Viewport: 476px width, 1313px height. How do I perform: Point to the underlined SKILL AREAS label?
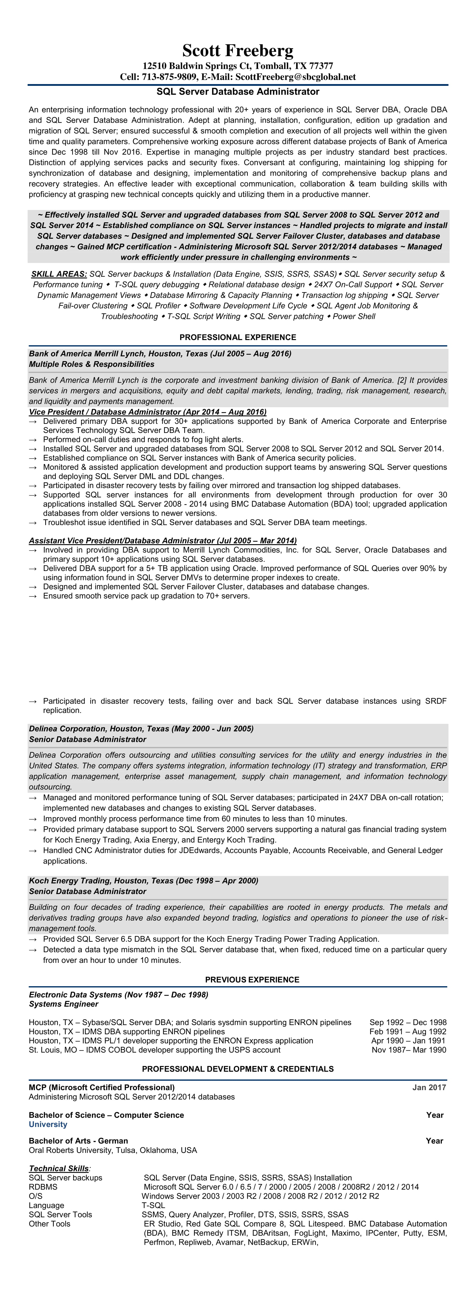(x=59, y=274)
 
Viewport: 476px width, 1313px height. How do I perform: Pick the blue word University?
(x=48, y=1124)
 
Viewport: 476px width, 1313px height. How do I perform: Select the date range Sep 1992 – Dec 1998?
(x=408, y=1022)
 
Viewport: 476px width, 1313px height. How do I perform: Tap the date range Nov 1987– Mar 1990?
(x=409, y=1050)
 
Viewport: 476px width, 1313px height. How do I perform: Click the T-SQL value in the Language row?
(x=153, y=1205)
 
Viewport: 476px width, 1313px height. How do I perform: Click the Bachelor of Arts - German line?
(x=79, y=1141)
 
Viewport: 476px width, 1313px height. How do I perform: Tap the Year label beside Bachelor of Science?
(x=435, y=1115)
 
